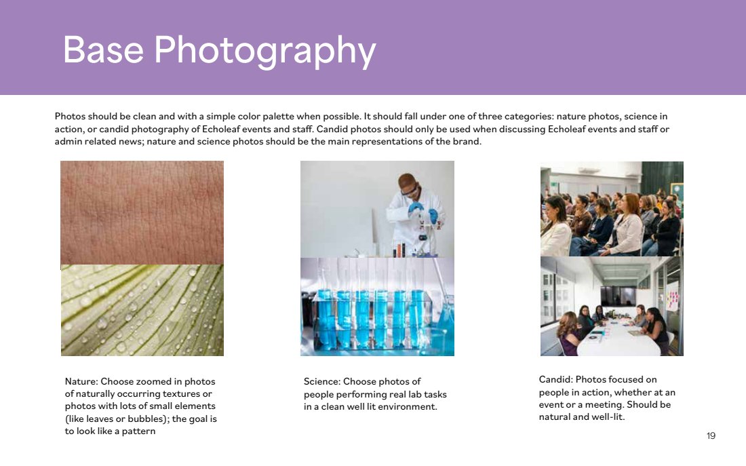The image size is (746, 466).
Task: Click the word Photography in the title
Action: [x=265, y=51]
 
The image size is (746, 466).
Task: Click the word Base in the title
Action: [x=103, y=50]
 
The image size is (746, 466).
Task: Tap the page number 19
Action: [x=711, y=435]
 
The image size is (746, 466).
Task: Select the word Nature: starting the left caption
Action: [x=81, y=381]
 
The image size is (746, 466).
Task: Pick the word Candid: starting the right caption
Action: [x=555, y=379]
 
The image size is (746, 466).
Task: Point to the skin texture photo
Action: [x=142, y=213]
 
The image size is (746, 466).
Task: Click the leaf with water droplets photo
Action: [x=142, y=311]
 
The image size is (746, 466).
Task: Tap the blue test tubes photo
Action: [x=377, y=307]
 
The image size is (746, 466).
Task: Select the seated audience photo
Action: [x=612, y=209]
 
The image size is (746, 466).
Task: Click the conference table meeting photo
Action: [x=612, y=306]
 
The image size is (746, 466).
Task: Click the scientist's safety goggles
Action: [x=409, y=191]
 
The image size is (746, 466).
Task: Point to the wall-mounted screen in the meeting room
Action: [x=618, y=296]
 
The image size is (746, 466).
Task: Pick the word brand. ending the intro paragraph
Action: [x=467, y=141]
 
